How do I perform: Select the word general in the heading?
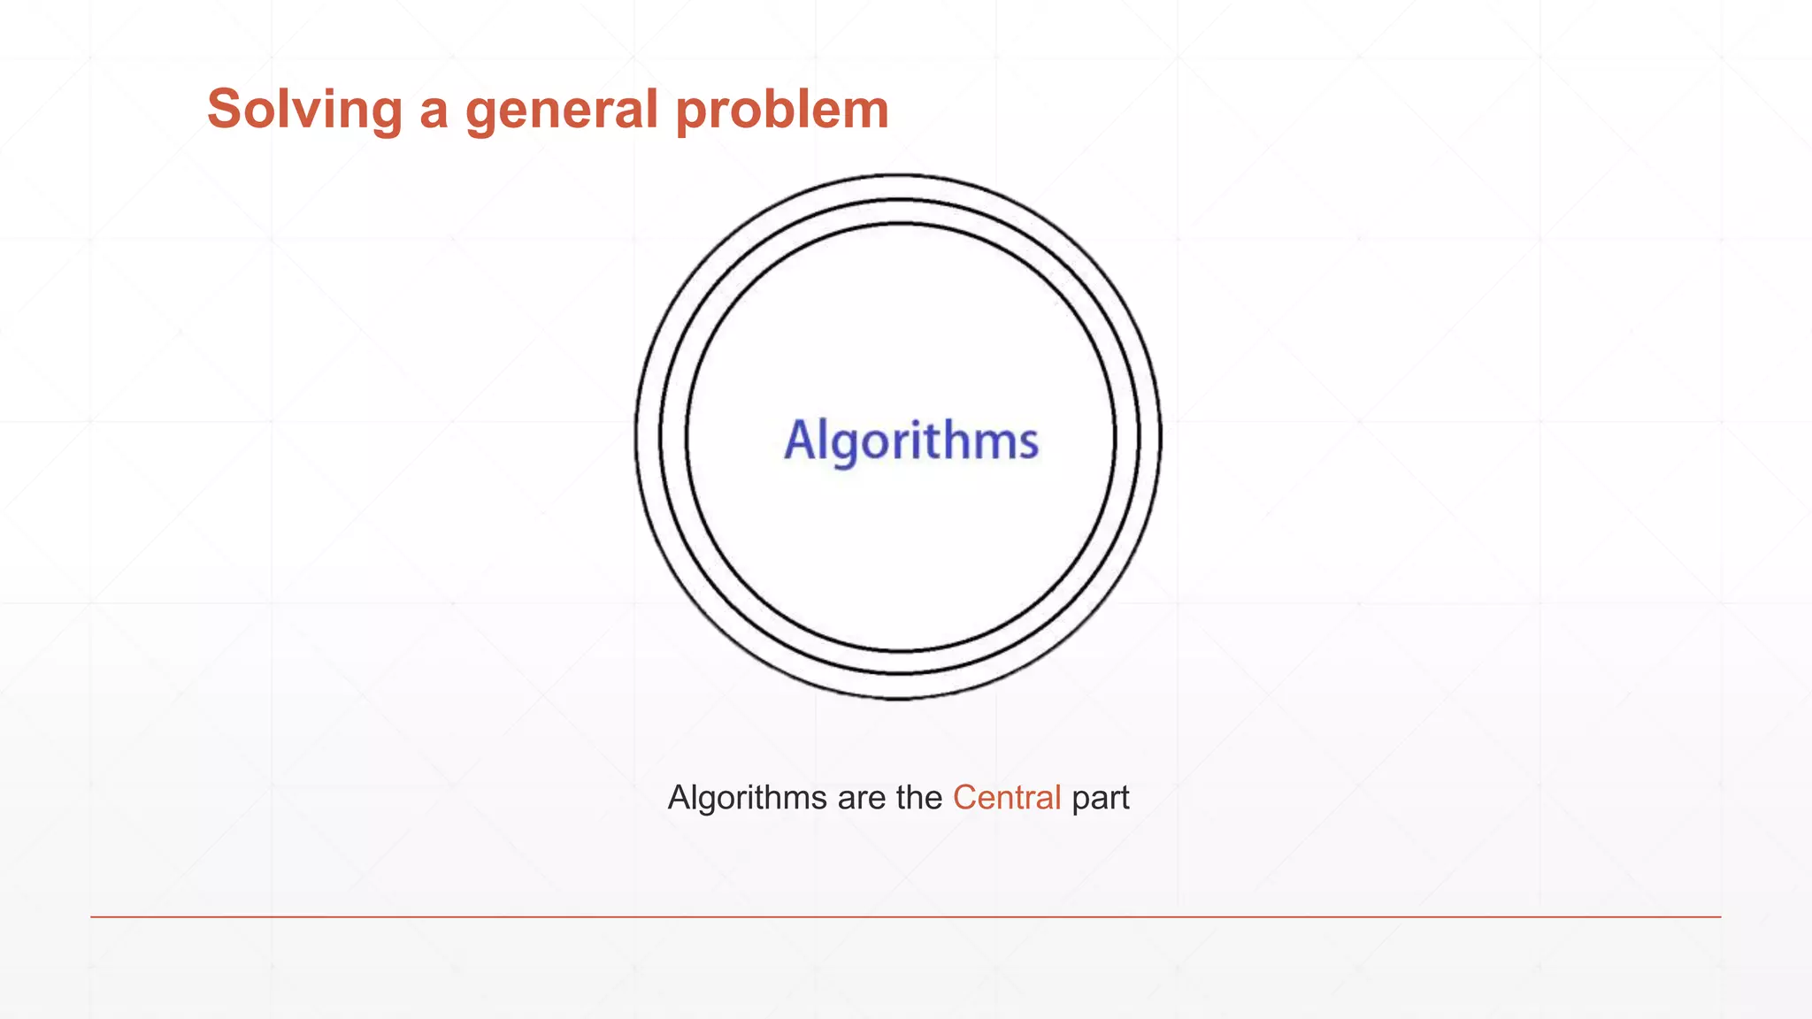point(562,111)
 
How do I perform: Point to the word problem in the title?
point(782,111)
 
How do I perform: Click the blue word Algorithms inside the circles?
point(910,441)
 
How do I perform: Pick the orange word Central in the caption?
point(1007,798)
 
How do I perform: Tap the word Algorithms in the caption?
point(747,798)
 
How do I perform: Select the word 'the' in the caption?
point(918,798)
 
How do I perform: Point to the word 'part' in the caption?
point(1101,798)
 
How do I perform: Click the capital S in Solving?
point(226,110)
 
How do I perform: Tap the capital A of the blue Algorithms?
point(800,440)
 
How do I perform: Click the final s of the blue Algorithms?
point(1028,443)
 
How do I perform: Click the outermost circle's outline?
point(635,437)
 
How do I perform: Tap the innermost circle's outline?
point(686,437)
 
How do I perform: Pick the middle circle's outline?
point(660,437)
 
